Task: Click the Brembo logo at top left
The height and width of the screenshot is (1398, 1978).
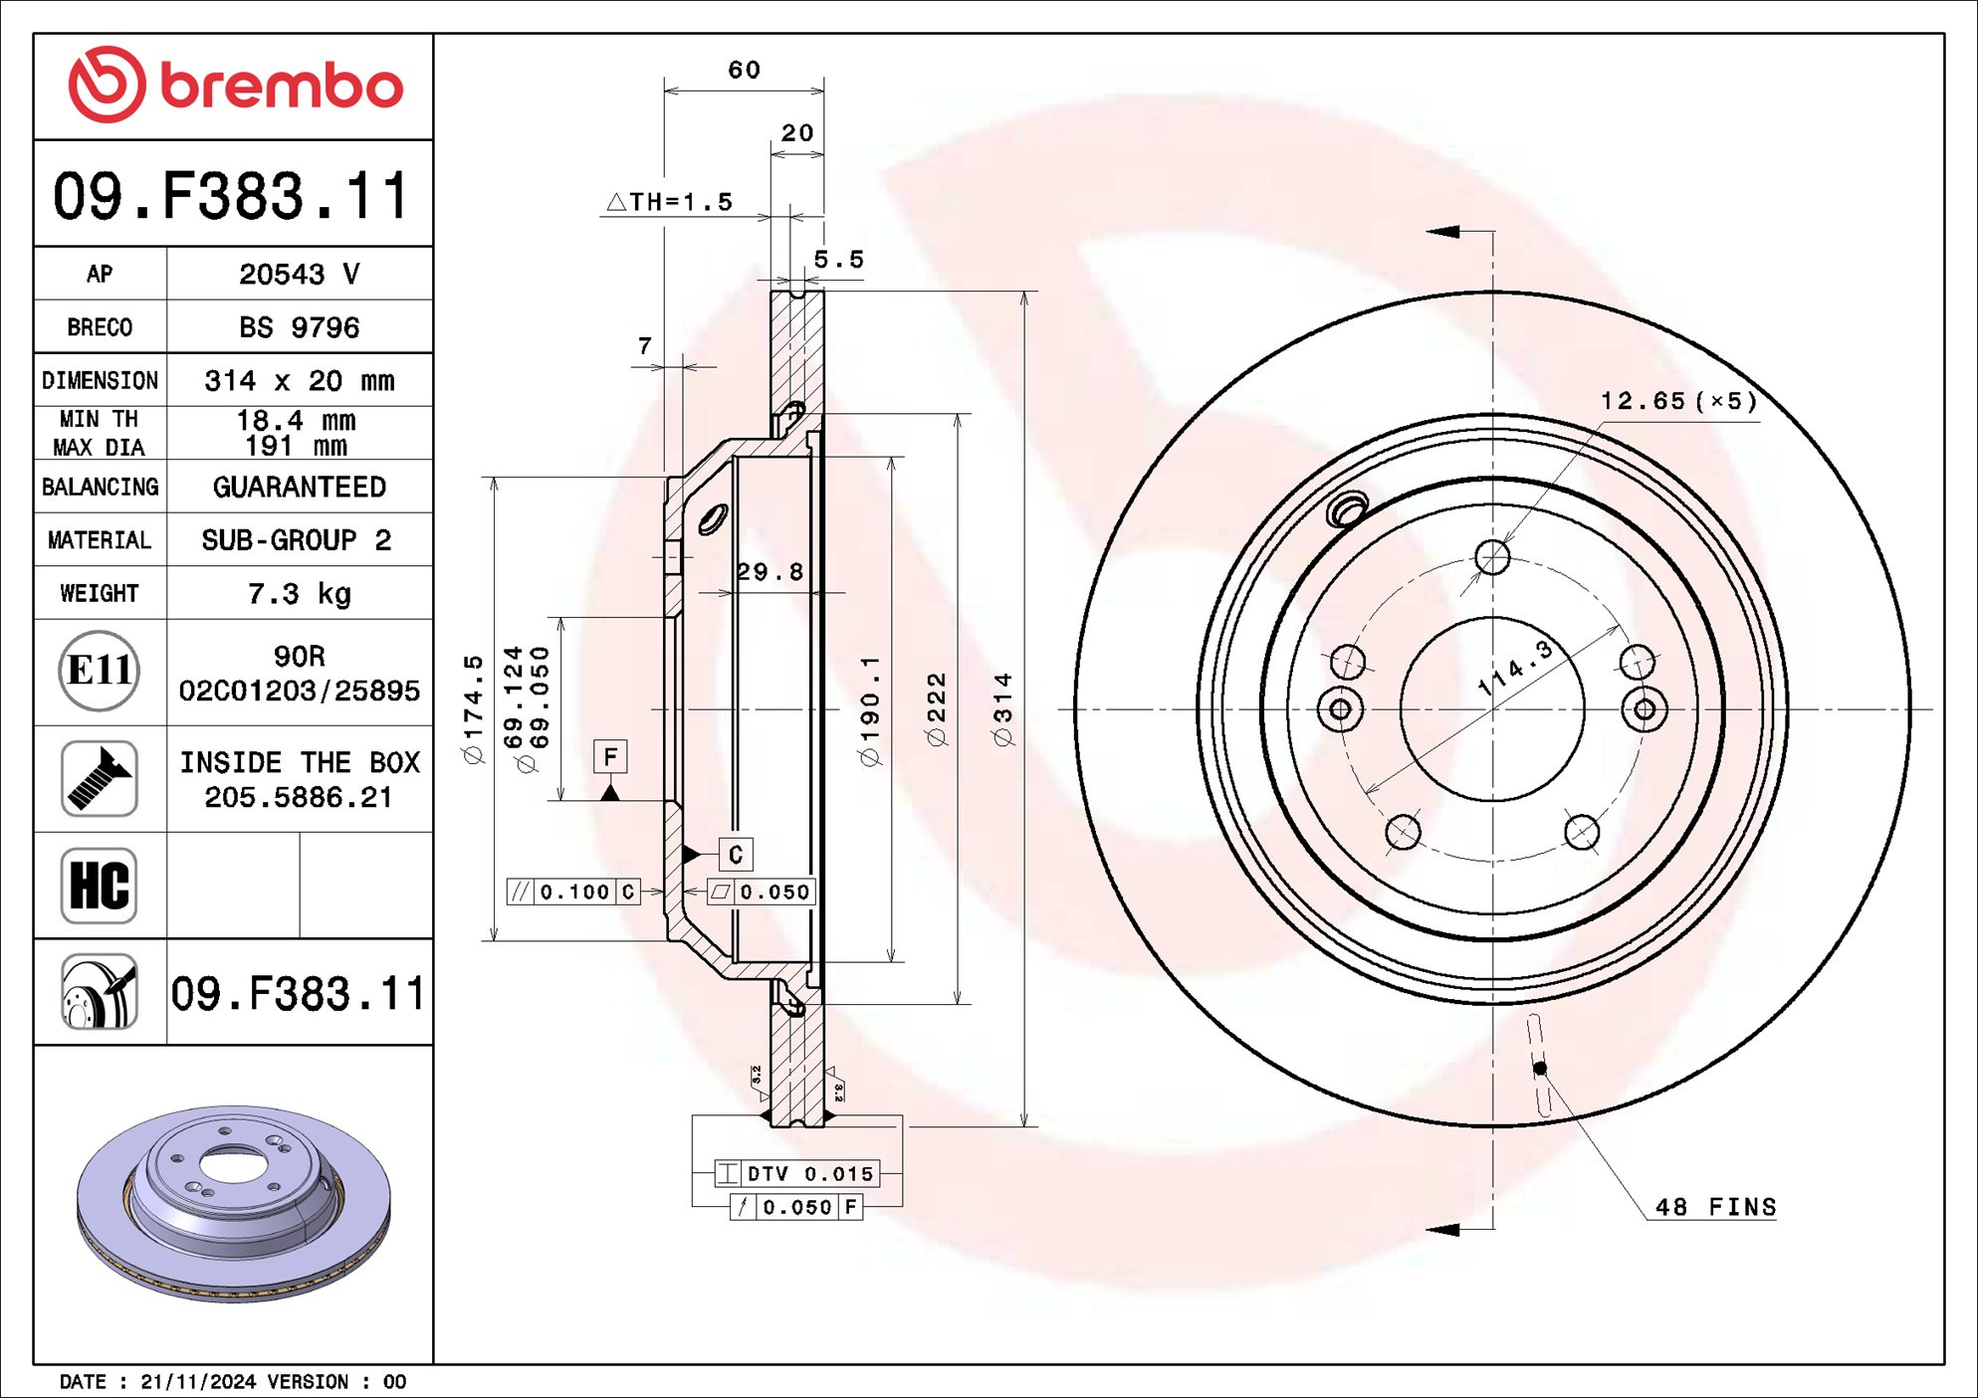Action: coord(235,86)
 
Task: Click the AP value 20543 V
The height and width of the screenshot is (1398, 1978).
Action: coord(299,274)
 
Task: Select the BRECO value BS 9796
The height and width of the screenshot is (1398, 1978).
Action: coord(299,327)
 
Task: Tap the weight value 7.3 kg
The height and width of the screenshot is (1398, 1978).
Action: coord(299,594)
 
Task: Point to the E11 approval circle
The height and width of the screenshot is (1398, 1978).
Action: coord(99,671)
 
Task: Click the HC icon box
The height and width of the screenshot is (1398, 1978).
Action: coord(99,885)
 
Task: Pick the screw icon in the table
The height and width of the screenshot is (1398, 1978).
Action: coord(99,778)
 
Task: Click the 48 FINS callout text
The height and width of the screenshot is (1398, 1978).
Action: coord(1714,1207)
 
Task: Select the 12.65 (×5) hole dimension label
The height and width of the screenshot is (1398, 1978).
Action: coord(1678,401)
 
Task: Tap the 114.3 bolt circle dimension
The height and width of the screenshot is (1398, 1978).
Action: coord(1514,669)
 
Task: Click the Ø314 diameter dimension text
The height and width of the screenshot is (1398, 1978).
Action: coord(1002,708)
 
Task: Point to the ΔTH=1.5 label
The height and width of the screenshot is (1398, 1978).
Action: coord(670,202)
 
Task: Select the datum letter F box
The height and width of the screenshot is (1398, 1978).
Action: coord(610,757)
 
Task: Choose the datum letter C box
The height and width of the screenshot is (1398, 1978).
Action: coord(736,855)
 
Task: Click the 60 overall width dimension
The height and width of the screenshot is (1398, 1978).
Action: coord(744,70)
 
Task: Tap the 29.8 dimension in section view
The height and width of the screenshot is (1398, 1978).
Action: coord(769,572)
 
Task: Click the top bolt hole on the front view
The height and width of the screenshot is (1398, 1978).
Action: coord(1492,557)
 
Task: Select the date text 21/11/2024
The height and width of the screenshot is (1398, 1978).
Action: coord(198,1382)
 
